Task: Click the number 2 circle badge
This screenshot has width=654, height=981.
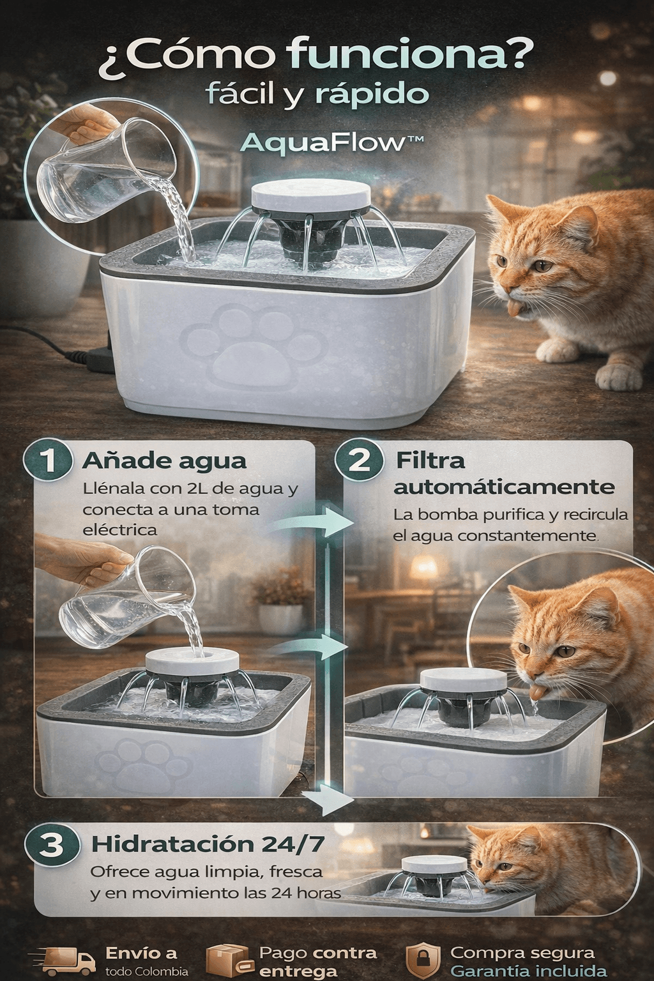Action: pyautogui.click(x=359, y=460)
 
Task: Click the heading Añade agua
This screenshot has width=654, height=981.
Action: pyautogui.click(x=164, y=461)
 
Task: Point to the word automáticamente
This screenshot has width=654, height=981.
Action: pyautogui.click(x=504, y=487)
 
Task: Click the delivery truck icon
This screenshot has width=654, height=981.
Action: pyautogui.click(x=66, y=959)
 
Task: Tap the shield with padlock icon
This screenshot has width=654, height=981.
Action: pyautogui.click(x=423, y=960)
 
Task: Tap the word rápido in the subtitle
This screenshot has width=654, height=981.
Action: pyautogui.click(x=372, y=95)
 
